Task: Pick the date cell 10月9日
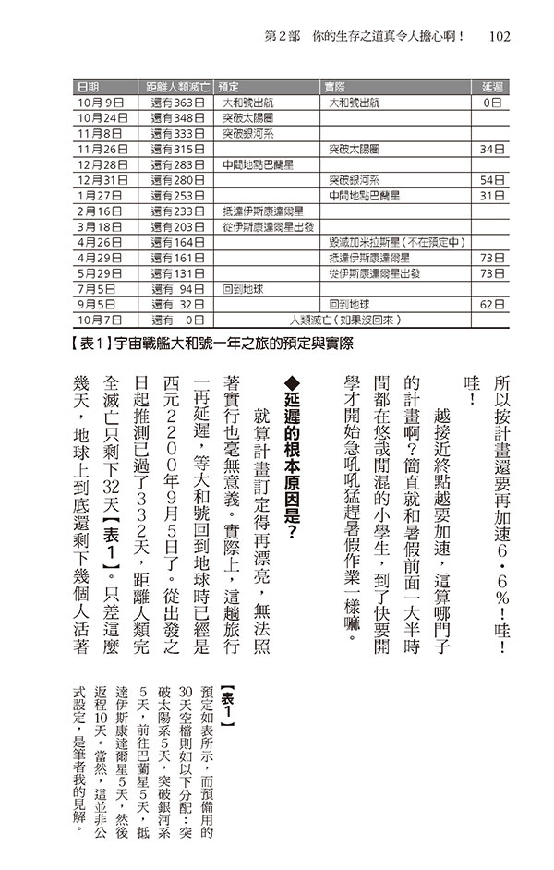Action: click(102, 102)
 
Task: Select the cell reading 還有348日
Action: click(175, 117)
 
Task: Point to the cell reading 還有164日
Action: click(175, 242)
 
